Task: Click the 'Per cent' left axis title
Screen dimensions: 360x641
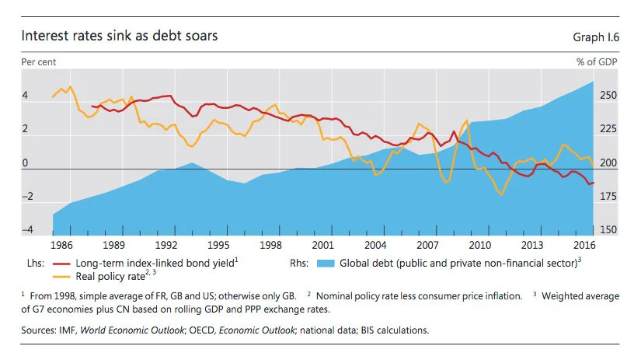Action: tap(39, 60)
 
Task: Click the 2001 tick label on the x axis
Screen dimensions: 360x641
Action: tap(322, 244)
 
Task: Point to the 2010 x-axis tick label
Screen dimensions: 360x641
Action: tap(479, 244)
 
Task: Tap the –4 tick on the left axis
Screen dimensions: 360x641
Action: tap(27, 231)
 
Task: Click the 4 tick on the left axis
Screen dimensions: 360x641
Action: tap(27, 96)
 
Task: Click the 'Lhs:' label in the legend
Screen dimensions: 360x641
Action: tap(34, 264)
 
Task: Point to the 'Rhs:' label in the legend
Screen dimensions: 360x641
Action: tap(298, 264)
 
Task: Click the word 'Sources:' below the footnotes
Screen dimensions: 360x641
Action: tap(40, 330)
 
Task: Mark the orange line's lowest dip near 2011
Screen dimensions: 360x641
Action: tap(501, 194)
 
